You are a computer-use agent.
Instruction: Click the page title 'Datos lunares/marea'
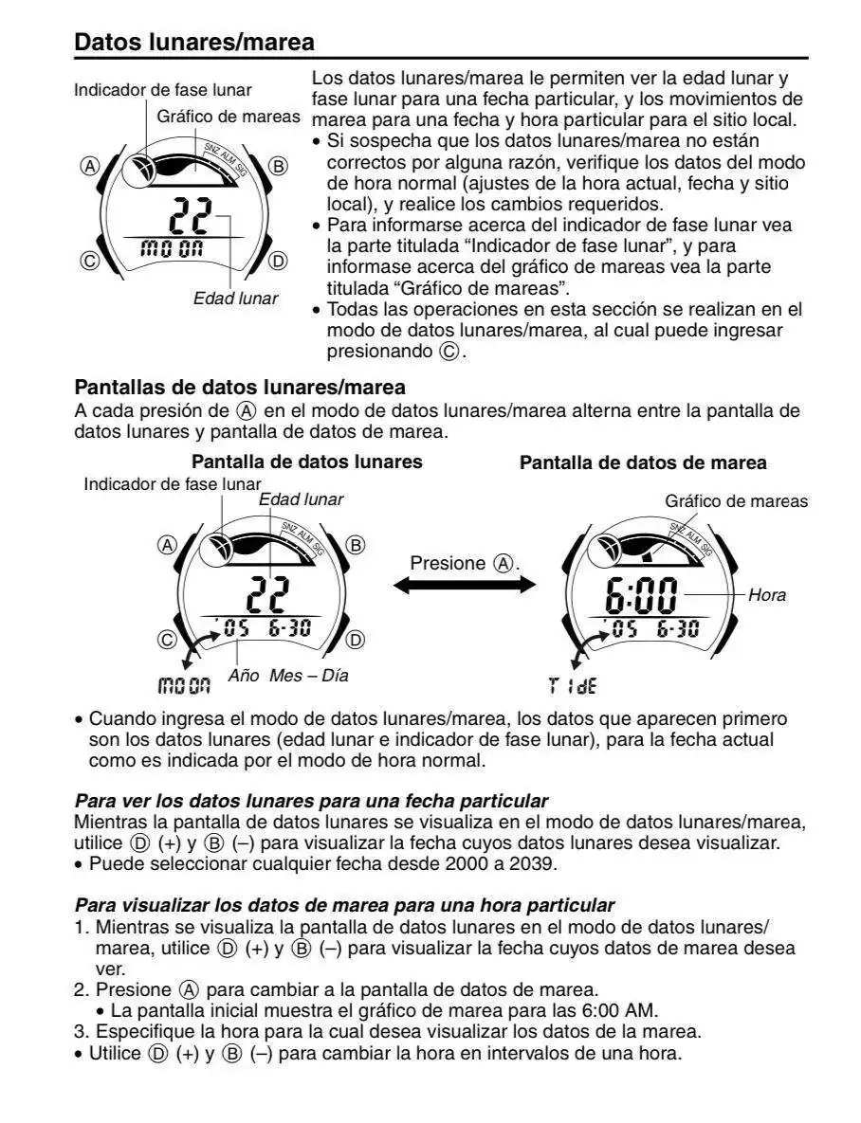(194, 43)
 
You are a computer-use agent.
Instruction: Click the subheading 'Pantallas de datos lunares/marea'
(240, 388)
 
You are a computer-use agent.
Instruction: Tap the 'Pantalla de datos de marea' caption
(643, 463)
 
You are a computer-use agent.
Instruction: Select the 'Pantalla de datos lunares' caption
(307, 462)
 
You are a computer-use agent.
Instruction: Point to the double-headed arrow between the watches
(464, 586)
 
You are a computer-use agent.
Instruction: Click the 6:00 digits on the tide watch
(641, 596)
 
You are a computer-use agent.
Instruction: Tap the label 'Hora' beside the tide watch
(766, 596)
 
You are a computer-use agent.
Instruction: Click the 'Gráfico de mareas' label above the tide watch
(736, 500)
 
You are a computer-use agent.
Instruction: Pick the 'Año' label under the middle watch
(244, 676)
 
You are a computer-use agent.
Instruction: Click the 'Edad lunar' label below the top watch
(235, 299)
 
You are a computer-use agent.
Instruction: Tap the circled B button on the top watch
(278, 167)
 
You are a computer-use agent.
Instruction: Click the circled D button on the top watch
(278, 261)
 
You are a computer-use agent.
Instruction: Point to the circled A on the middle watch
(167, 545)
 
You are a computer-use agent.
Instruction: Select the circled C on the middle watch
(167, 640)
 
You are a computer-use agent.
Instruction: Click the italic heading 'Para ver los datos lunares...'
(311, 801)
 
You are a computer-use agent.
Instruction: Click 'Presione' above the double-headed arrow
(447, 563)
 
